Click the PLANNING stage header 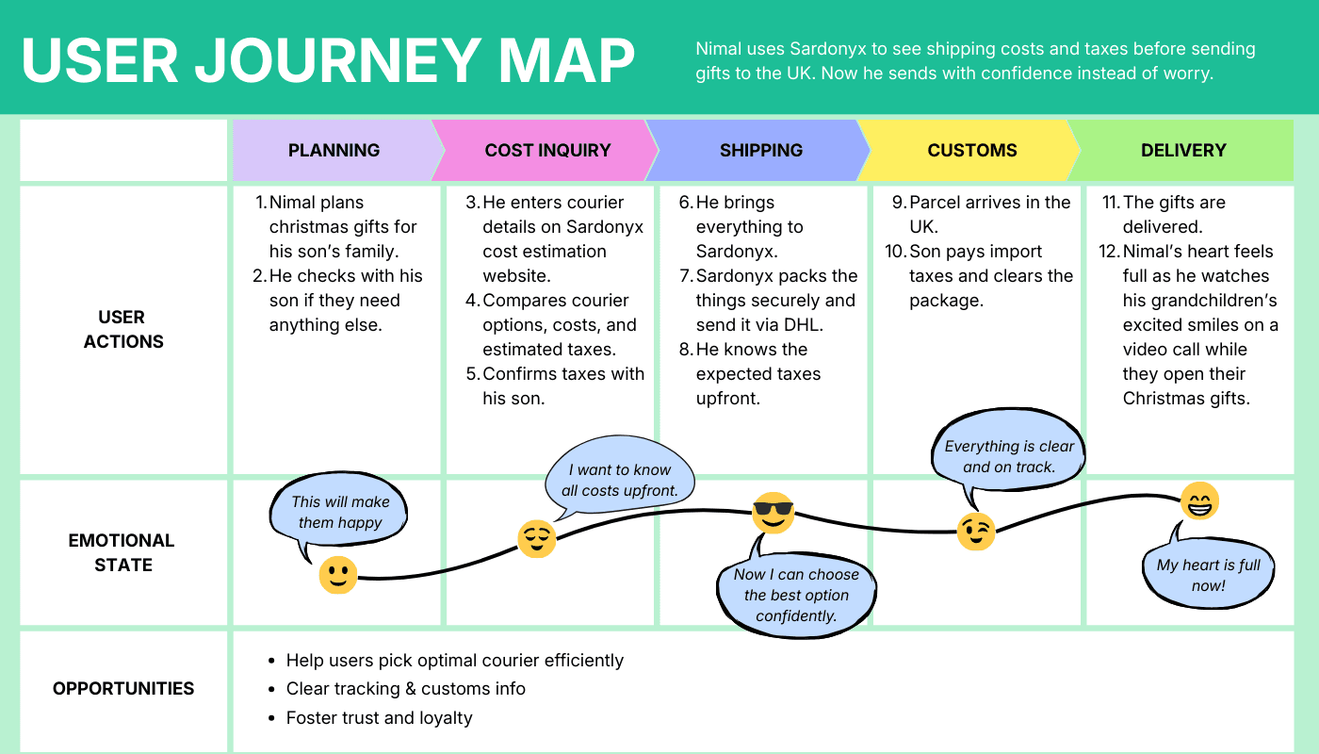[334, 150]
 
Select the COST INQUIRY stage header [547, 150]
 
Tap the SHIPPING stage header [761, 150]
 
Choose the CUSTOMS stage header [972, 150]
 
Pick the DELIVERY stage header [1183, 150]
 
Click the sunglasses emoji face [773, 513]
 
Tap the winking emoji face [976, 532]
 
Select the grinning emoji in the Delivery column [1199, 500]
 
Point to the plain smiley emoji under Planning [338, 575]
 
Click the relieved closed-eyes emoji [536, 538]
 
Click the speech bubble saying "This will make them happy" [338, 510]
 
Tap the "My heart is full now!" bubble [1208, 571]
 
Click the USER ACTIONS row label [123, 329]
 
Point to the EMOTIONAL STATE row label [122, 552]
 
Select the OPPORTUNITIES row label [123, 688]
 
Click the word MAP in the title [566, 60]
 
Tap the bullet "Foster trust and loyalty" [379, 717]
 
